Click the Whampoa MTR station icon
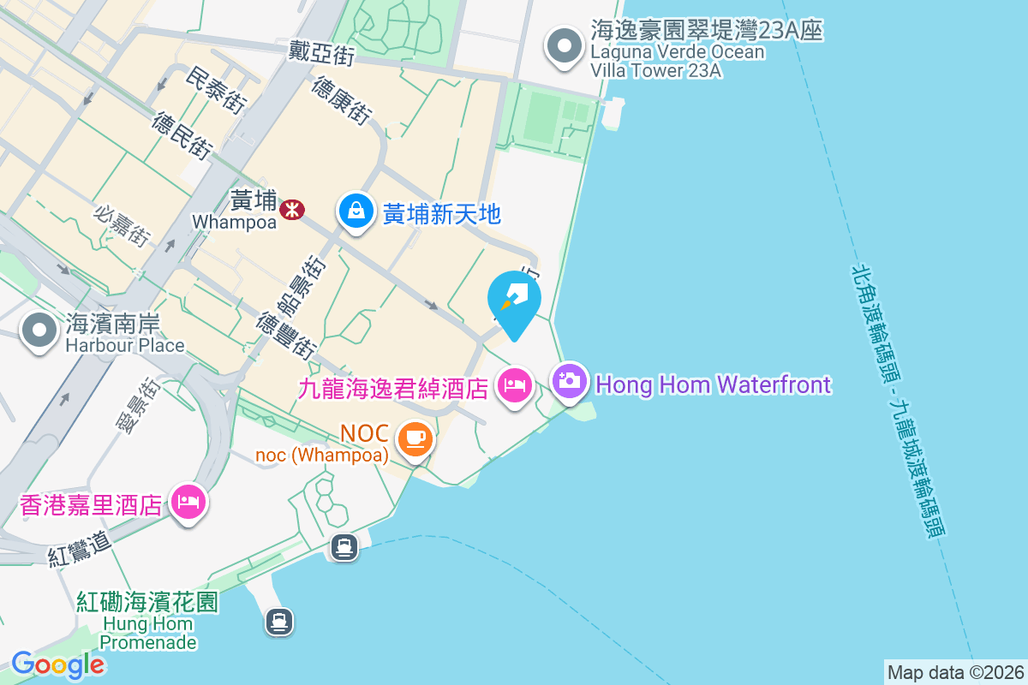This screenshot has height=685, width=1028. pyautogui.click(x=293, y=208)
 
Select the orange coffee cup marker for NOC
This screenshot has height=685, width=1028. pyautogui.click(x=415, y=440)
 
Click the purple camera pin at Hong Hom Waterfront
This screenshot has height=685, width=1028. pyautogui.click(x=570, y=380)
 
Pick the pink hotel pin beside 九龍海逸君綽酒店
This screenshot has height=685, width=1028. pyautogui.click(x=515, y=384)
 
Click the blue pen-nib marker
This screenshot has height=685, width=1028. pyautogui.click(x=514, y=299)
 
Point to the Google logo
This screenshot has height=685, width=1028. pyautogui.click(x=58, y=664)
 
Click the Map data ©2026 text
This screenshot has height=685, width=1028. pyautogui.click(x=955, y=672)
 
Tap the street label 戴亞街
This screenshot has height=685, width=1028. pyautogui.click(x=321, y=56)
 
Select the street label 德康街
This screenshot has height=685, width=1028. pyautogui.click(x=342, y=100)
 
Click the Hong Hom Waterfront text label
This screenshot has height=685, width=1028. pyautogui.click(x=713, y=384)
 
